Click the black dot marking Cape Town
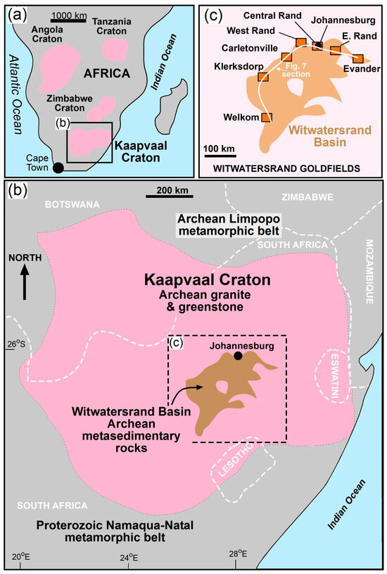58,167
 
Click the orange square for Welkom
267,118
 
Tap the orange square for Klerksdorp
262,76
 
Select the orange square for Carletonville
286,57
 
